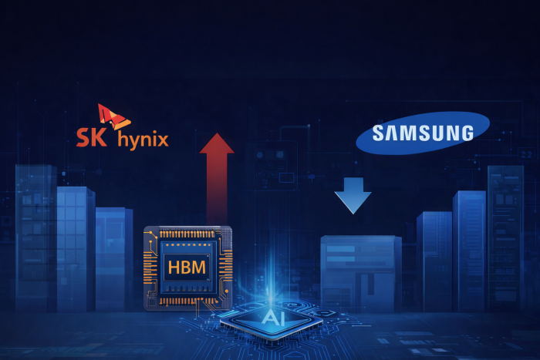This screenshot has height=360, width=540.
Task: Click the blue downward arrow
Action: (x=353, y=193)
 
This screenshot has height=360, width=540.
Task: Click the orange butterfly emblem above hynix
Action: (x=113, y=116)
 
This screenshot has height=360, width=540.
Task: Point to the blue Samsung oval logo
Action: (x=423, y=133)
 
